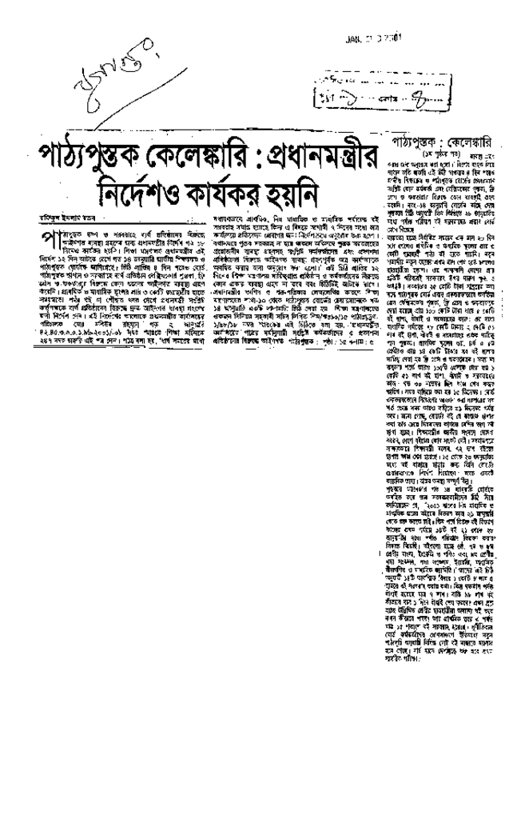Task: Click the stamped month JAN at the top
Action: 353,38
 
